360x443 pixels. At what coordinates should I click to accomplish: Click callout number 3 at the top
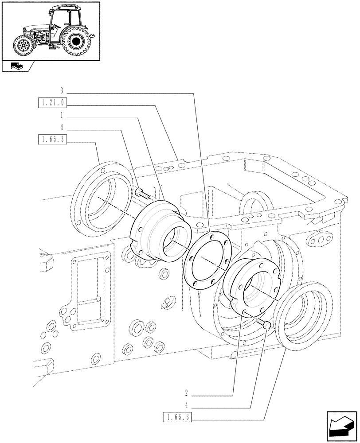tap(62, 90)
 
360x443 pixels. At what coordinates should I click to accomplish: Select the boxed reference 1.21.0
tap(52, 104)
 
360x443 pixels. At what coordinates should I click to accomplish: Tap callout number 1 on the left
tap(62, 115)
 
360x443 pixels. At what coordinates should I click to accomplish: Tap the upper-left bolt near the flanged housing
tap(141, 193)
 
